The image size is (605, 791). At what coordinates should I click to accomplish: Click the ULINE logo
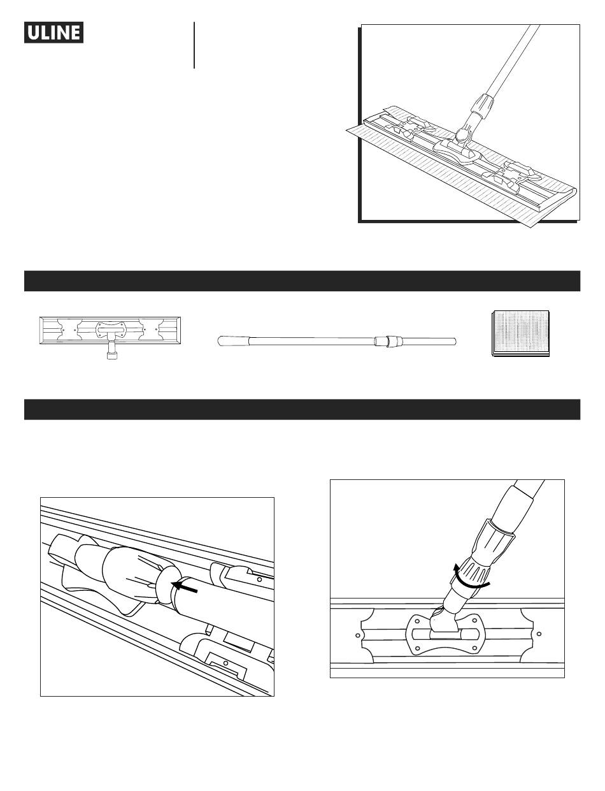[x=53, y=33]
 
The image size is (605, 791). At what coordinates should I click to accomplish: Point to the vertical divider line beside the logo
[x=194, y=45]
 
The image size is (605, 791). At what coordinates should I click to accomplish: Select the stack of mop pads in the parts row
[x=521, y=333]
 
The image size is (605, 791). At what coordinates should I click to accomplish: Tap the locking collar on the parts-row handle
[x=388, y=342]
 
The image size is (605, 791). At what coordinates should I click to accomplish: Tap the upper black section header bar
[x=302, y=280]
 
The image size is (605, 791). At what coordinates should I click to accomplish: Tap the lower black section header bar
[x=302, y=409]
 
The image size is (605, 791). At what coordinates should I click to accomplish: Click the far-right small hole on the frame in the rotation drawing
[x=539, y=634]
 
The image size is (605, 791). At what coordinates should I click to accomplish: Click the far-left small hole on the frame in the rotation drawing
[x=358, y=635]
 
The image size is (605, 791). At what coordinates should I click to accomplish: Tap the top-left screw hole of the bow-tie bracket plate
[x=417, y=621]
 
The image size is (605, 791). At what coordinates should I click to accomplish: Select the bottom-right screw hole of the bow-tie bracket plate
[x=474, y=648]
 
